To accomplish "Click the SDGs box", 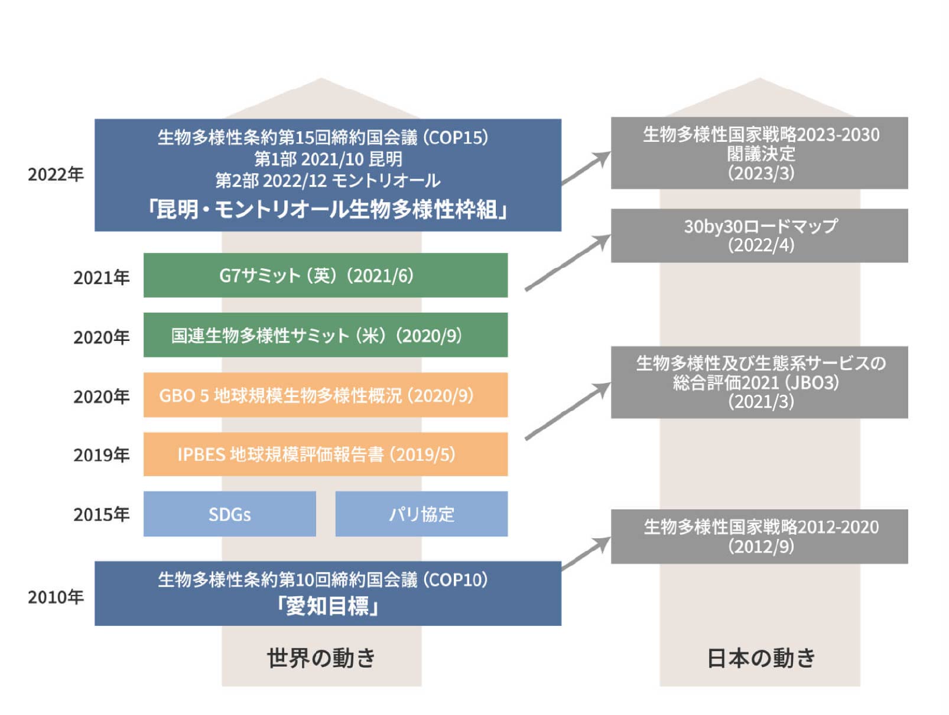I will (x=229, y=513).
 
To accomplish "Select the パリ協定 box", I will (x=421, y=513).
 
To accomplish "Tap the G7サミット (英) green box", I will (x=325, y=275).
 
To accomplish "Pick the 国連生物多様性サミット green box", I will (x=325, y=335).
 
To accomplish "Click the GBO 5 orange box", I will (x=325, y=395).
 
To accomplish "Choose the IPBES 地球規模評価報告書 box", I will (x=325, y=454).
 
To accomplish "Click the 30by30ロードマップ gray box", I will (x=759, y=235).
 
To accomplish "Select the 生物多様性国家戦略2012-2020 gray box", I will (x=759, y=536).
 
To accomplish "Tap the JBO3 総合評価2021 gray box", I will (x=759, y=382).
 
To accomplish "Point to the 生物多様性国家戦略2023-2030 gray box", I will (x=759, y=153).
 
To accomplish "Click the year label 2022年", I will (x=56, y=174).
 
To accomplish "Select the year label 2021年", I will (x=101, y=277).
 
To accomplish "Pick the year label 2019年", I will (x=101, y=454).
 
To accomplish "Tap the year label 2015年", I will (x=101, y=514).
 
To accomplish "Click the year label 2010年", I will (x=56, y=597).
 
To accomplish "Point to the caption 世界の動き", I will (x=321, y=658).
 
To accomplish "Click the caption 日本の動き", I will (x=760, y=658).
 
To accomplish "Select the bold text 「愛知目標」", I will (x=328, y=606).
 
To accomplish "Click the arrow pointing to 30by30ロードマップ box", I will (x=567, y=263).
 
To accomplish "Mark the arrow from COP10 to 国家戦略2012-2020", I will (x=586, y=553).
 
